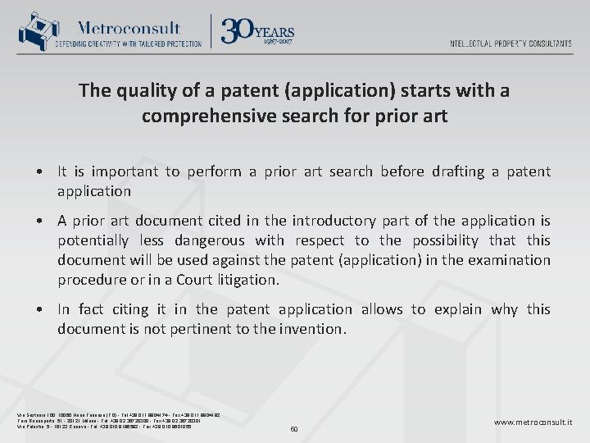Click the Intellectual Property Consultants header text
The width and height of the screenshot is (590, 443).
[511, 43]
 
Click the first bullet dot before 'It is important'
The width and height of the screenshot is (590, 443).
[39, 172]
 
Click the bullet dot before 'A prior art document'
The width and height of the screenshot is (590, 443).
[39, 221]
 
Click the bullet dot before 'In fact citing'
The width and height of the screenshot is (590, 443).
[39, 310]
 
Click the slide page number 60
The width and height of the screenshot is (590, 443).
[294, 427]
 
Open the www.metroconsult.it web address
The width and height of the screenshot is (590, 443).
[533, 422]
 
